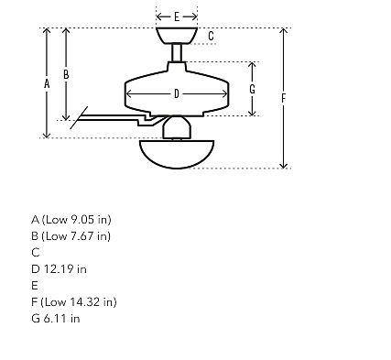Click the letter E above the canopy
[x=177, y=16]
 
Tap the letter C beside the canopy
[x=211, y=36]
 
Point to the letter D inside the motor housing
[x=177, y=93]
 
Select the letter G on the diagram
[x=252, y=89]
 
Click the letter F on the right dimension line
[x=284, y=98]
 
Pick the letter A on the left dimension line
[x=47, y=83]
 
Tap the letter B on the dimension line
[x=66, y=74]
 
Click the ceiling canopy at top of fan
[x=177, y=36]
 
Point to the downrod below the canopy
[x=177, y=53]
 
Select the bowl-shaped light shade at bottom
[x=177, y=155]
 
